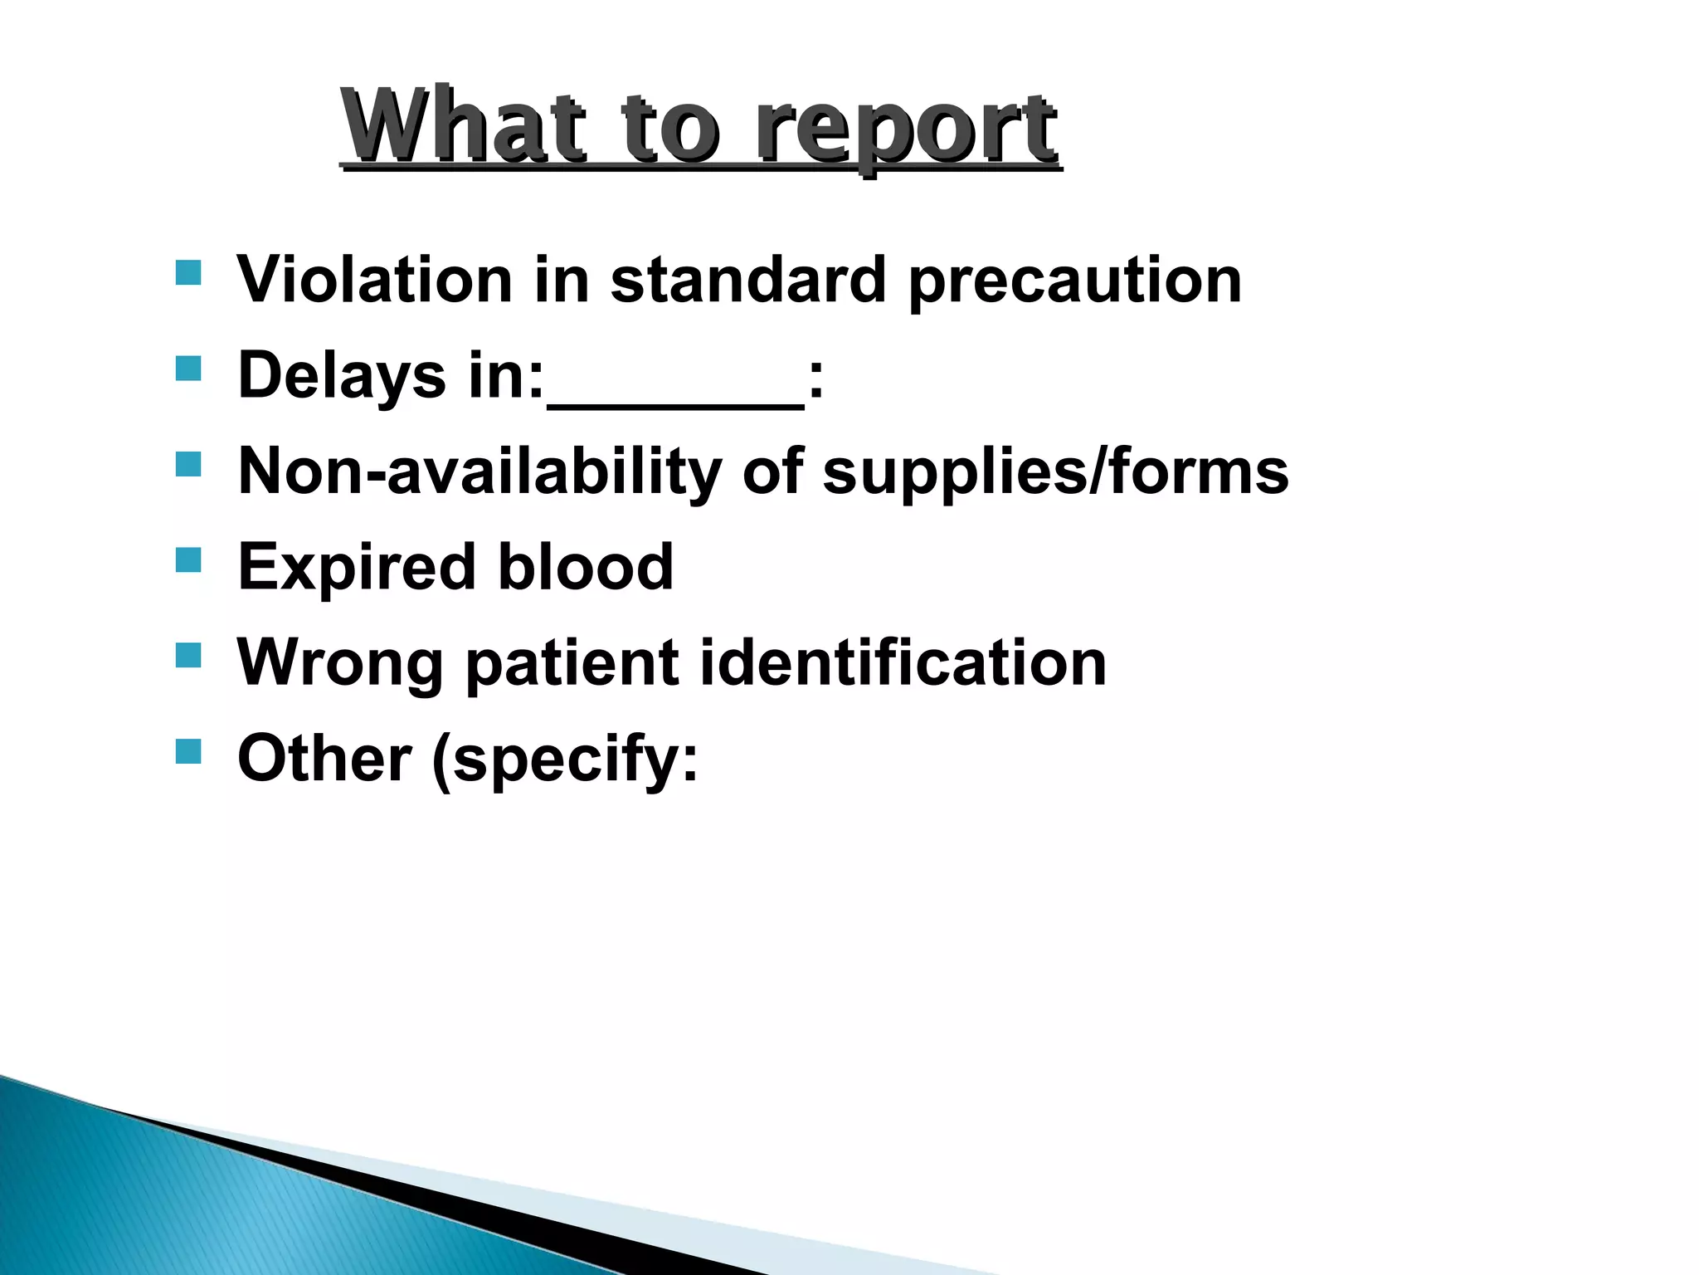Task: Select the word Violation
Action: point(375,280)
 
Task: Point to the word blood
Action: point(586,567)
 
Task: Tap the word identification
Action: point(903,663)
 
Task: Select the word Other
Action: point(324,759)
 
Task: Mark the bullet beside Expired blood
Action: point(188,560)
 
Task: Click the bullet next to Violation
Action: point(188,273)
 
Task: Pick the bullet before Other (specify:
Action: point(188,751)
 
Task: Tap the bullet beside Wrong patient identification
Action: point(188,656)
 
